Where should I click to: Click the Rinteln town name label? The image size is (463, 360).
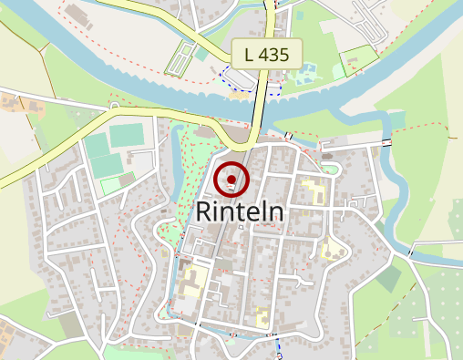tap(240, 212)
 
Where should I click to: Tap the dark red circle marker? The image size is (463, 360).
tap(232, 180)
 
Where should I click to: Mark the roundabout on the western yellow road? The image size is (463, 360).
tap(114, 108)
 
